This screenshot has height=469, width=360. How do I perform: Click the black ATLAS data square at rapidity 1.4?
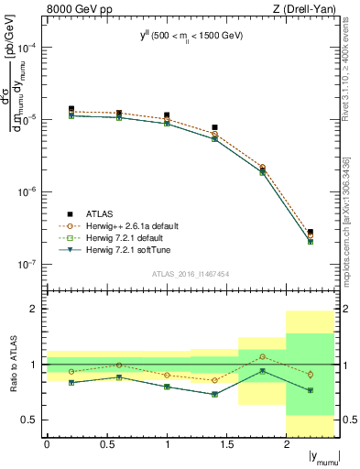click(214, 127)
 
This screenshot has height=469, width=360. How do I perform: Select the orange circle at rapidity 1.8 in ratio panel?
click(262, 356)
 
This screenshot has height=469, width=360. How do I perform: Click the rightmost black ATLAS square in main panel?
click(311, 232)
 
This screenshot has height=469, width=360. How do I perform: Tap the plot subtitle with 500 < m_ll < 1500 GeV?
click(191, 37)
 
